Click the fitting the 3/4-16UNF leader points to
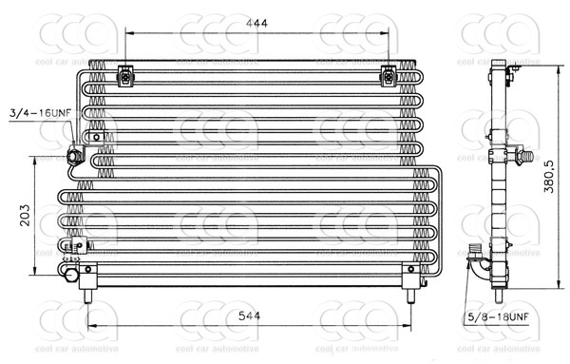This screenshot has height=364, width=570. pyautogui.click(x=74, y=154)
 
